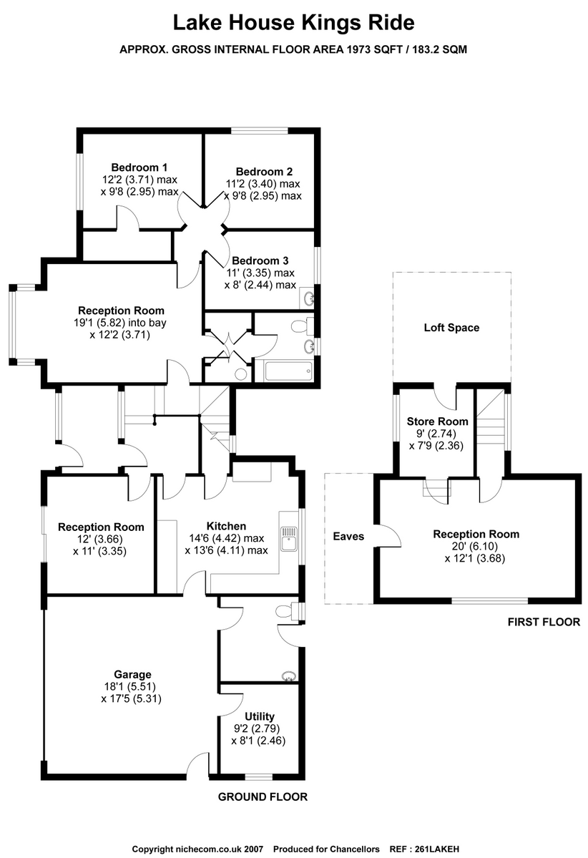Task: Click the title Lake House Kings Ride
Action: coord(294,23)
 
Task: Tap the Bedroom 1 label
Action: coord(139,167)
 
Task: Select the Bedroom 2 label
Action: coord(264,172)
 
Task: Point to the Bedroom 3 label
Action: coord(260,261)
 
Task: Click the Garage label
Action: coord(132,675)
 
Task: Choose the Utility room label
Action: coord(259,716)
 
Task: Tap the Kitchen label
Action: coord(227,527)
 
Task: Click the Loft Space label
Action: coord(452,328)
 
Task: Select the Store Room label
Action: coord(438,421)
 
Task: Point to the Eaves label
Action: coord(348,536)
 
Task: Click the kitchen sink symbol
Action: coord(288,538)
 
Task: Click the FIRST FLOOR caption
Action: coord(544,622)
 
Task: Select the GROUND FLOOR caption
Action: coord(263,796)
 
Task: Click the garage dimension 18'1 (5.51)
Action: coord(132,687)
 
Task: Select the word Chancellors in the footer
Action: coord(353,849)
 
